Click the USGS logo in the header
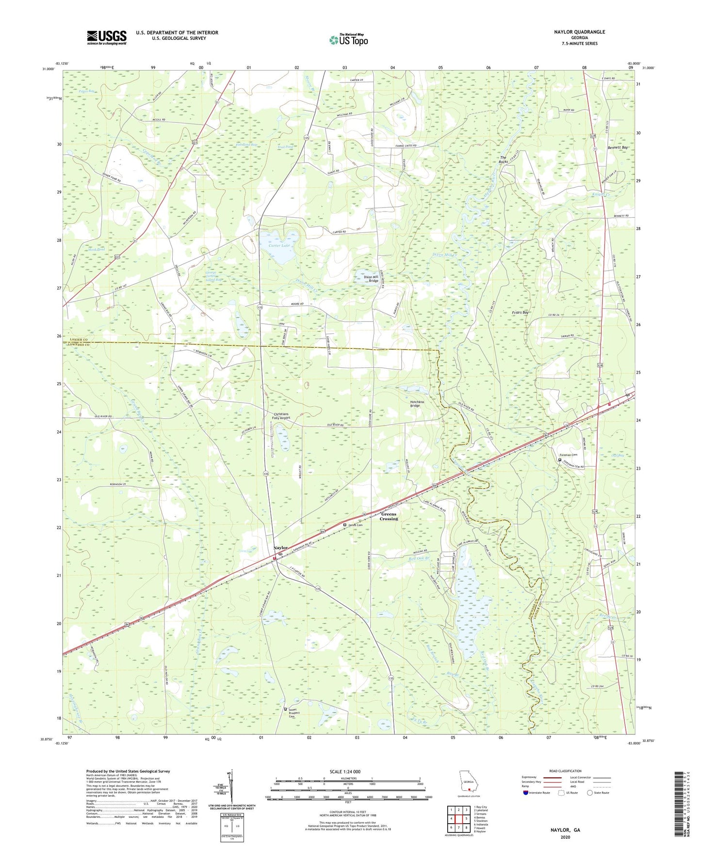(107, 37)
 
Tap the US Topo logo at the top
(348, 40)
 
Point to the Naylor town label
(280, 548)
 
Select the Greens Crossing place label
(389, 516)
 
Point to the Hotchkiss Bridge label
(421, 404)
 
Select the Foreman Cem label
(569, 455)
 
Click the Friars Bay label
(520, 313)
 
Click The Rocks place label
(503, 160)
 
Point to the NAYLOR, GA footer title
(565, 830)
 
